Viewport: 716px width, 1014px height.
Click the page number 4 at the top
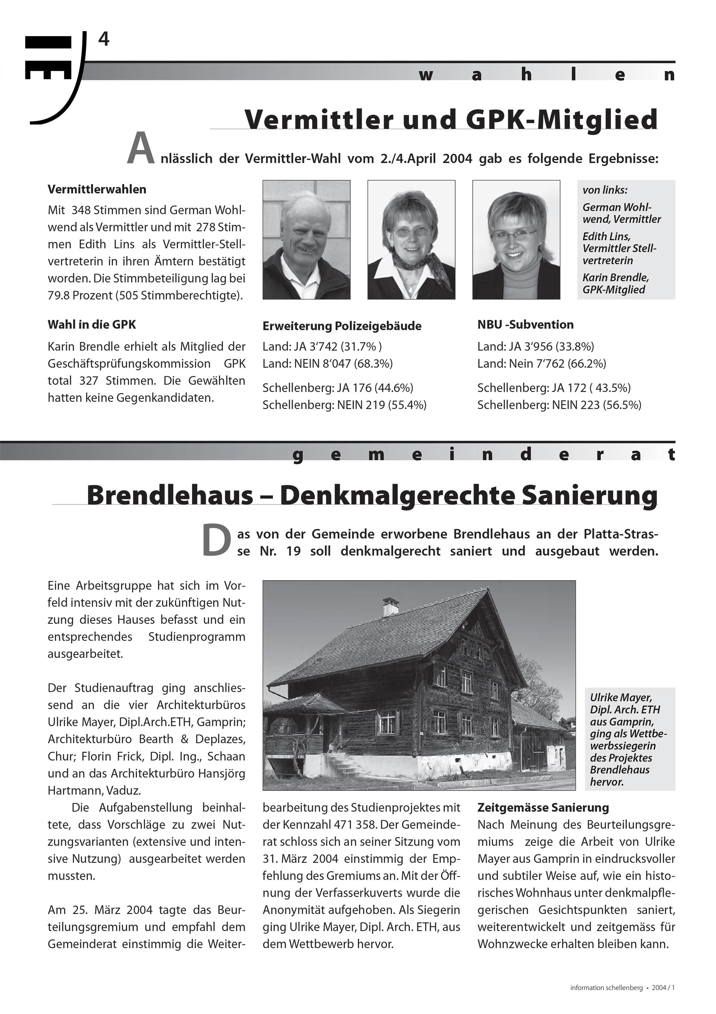103,40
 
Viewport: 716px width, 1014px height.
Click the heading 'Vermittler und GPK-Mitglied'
451,119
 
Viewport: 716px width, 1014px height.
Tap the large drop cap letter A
141,149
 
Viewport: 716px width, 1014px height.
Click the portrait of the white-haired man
307,240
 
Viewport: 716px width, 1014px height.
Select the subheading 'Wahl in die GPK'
92,325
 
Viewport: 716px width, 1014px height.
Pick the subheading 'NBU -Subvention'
525,325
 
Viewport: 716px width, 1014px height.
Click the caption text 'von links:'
605,190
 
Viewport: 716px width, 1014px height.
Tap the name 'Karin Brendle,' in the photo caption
615,277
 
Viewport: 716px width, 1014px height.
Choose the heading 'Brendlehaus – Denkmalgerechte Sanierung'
372,495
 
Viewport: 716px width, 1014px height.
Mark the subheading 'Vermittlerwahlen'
97,190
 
